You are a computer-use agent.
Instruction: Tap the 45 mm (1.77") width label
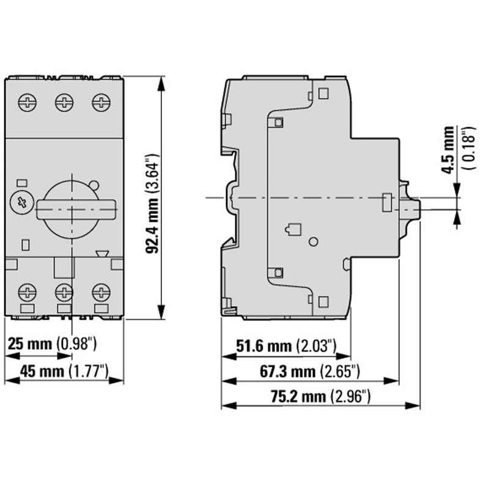click(64, 370)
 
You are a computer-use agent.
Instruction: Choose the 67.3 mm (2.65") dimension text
click(303, 371)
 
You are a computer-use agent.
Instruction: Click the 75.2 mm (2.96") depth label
click(320, 396)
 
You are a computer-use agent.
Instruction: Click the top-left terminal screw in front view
click(28, 102)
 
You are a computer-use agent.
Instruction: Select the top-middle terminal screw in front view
click(64, 102)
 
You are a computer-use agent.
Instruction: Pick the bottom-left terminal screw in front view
click(28, 291)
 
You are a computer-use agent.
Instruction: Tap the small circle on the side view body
click(314, 242)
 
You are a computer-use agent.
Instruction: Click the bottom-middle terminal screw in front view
click(64, 291)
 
